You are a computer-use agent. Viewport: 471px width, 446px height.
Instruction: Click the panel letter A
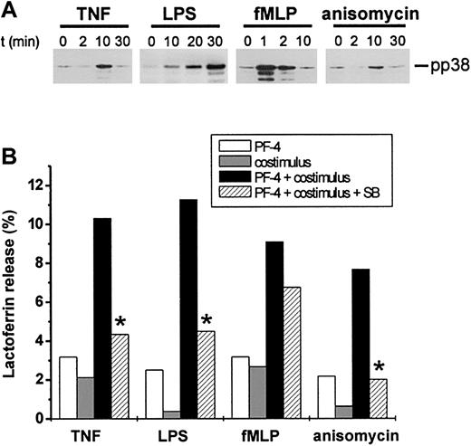10,10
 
